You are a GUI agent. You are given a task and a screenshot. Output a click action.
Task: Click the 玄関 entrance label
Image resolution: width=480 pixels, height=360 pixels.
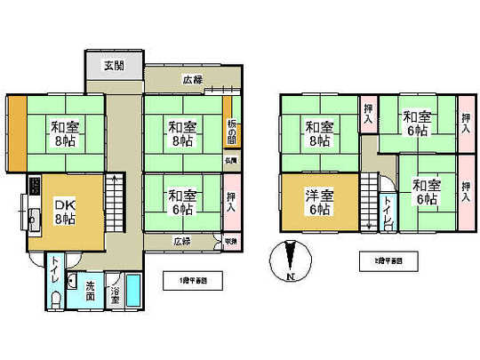113,66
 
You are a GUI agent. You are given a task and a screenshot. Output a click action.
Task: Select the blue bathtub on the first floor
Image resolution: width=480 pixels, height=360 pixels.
134,291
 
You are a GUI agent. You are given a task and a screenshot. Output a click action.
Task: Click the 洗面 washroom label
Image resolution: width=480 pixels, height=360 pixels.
92,292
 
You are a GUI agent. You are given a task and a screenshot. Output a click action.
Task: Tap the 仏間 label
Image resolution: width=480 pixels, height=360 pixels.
229,162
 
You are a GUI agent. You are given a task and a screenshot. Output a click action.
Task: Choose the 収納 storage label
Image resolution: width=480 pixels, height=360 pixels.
229,241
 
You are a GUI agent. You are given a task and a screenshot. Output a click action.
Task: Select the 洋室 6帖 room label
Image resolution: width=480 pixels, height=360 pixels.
319,202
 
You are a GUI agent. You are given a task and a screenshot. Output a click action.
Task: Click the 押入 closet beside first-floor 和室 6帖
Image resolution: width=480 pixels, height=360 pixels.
230,202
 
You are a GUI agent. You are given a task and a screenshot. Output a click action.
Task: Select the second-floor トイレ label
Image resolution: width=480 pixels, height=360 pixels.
388,211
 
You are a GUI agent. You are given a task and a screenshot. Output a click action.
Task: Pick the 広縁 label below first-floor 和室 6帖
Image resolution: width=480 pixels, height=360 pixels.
181,241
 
